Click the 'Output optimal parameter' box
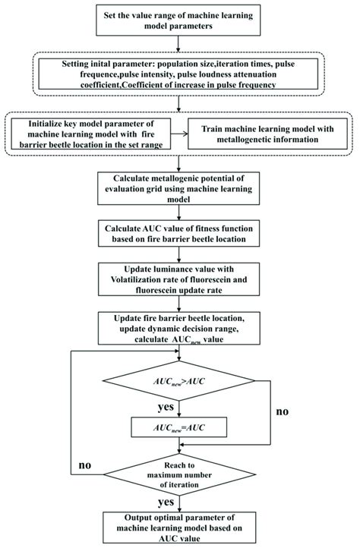pyautogui.click(x=179, y=528)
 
